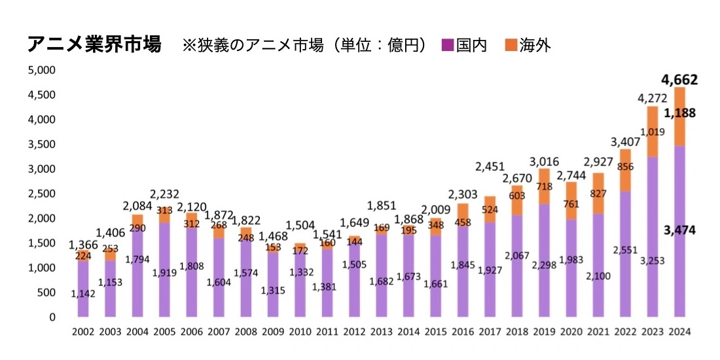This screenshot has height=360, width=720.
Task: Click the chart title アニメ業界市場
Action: (x=94, y=45)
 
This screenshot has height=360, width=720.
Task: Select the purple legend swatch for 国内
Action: (x=448, y=45)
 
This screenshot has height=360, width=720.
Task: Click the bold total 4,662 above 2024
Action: (x=679, y=81)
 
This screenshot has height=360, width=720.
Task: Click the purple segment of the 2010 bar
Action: (x=300, y=288)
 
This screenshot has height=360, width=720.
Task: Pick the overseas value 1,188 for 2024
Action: (x=679, y=114)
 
